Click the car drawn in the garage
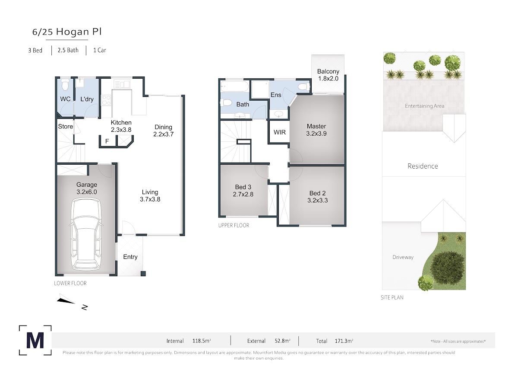[x=86, y=234]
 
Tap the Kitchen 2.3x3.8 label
[x=121, y=126]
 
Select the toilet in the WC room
[x=65, y=85]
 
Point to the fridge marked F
[x=107, y=141]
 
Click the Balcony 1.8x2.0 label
[x=328, y=75]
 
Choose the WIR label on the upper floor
[x=280, y=132]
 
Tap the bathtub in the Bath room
[x=234, y=86]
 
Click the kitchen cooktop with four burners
[x=106, y=100]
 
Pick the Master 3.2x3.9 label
[x=316, y=130]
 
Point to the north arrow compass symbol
[x=72, y=301]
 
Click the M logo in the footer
[x=35, y=340]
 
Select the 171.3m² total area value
[x=344, y=341]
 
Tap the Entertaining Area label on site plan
[x=424, y=106]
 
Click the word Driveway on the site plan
[x=403, y=257]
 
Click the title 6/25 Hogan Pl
[x=67, y=32]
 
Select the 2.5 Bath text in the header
[x=68, y=50]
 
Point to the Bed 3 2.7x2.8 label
[x=243, y=191]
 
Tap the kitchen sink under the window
[x=122, y=84]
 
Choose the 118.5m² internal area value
[x=202, y=341]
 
